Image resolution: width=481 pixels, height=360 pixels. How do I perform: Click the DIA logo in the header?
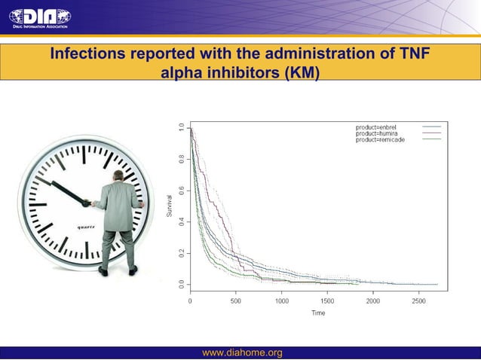[x=39, y=17]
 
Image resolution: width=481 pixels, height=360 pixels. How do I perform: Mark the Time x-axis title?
[x=318, y=313]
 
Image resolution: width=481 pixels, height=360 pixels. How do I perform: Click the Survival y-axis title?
[x=170, y=206]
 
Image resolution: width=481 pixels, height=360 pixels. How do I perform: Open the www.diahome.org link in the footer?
[x=242, y=353]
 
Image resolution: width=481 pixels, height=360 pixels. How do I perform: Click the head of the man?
[x=118, y=175]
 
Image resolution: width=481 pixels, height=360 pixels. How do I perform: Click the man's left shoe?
[x=103, y=271]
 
